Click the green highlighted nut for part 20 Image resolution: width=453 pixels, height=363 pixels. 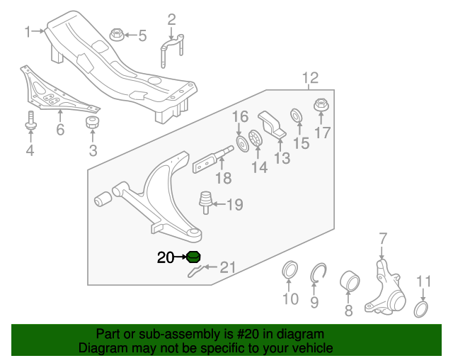tap(193, 257)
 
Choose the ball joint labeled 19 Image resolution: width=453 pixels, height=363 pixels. tap(207, 201)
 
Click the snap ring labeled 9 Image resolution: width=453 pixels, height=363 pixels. tap(318, 272)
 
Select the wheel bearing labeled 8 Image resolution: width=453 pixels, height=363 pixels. tap(350, 280)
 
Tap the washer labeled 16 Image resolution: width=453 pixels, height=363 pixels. tap(242, 145)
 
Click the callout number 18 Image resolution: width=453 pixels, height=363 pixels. tap(223, 179)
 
